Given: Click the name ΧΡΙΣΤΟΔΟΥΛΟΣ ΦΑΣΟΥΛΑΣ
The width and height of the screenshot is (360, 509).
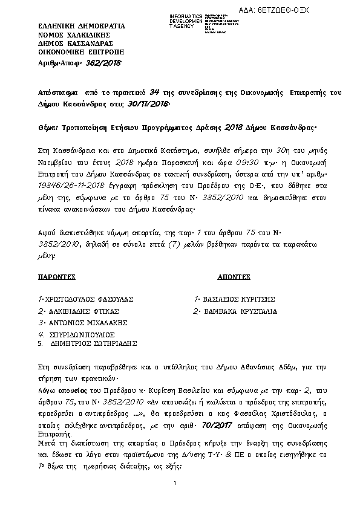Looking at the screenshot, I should [88, 299].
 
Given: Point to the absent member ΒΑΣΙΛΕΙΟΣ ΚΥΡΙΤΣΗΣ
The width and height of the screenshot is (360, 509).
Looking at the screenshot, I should [239, 299].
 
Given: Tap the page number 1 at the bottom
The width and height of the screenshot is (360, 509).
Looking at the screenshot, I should [174, 482].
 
